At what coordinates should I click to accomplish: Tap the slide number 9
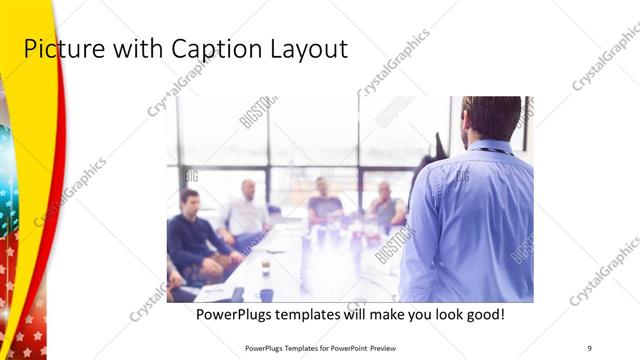point(589,348)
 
